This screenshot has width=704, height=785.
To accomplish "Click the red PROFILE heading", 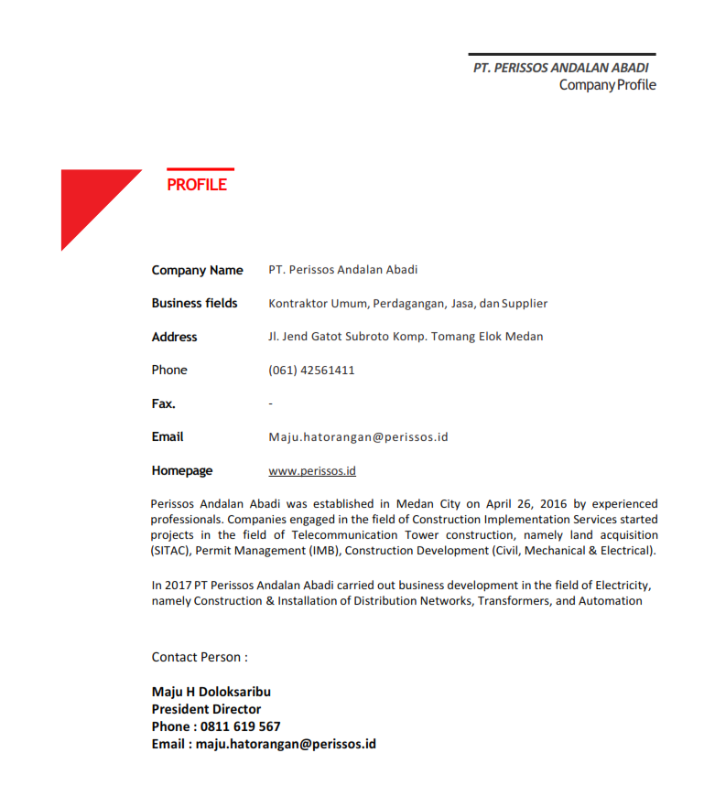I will point(197,185).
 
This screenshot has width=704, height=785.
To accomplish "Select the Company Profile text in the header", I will point(607,85).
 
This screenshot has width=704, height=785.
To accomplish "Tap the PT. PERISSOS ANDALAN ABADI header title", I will point(560,69).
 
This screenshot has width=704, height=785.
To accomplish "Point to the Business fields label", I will point(194,303).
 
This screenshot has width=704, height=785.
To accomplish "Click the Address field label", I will point(174,337).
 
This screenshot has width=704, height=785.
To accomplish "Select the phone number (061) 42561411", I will point(311,371).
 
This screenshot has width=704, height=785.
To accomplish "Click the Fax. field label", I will point(163,403).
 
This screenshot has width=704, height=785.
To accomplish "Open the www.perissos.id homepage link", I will point(311,471).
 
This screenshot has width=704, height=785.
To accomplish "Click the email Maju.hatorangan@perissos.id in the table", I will point(358,437).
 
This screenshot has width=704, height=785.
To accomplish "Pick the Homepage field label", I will point(181,471).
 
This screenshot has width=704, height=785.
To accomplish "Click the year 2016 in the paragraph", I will point(552,504).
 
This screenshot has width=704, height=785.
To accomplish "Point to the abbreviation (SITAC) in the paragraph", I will point(171,551).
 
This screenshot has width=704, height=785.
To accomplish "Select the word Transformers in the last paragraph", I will point(514,601).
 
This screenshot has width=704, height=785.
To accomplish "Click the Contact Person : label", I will point(200,657).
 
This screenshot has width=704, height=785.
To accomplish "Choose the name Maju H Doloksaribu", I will point(211,692).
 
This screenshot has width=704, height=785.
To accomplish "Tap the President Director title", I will point(206,709).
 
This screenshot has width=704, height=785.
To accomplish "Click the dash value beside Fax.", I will point(271,403).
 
